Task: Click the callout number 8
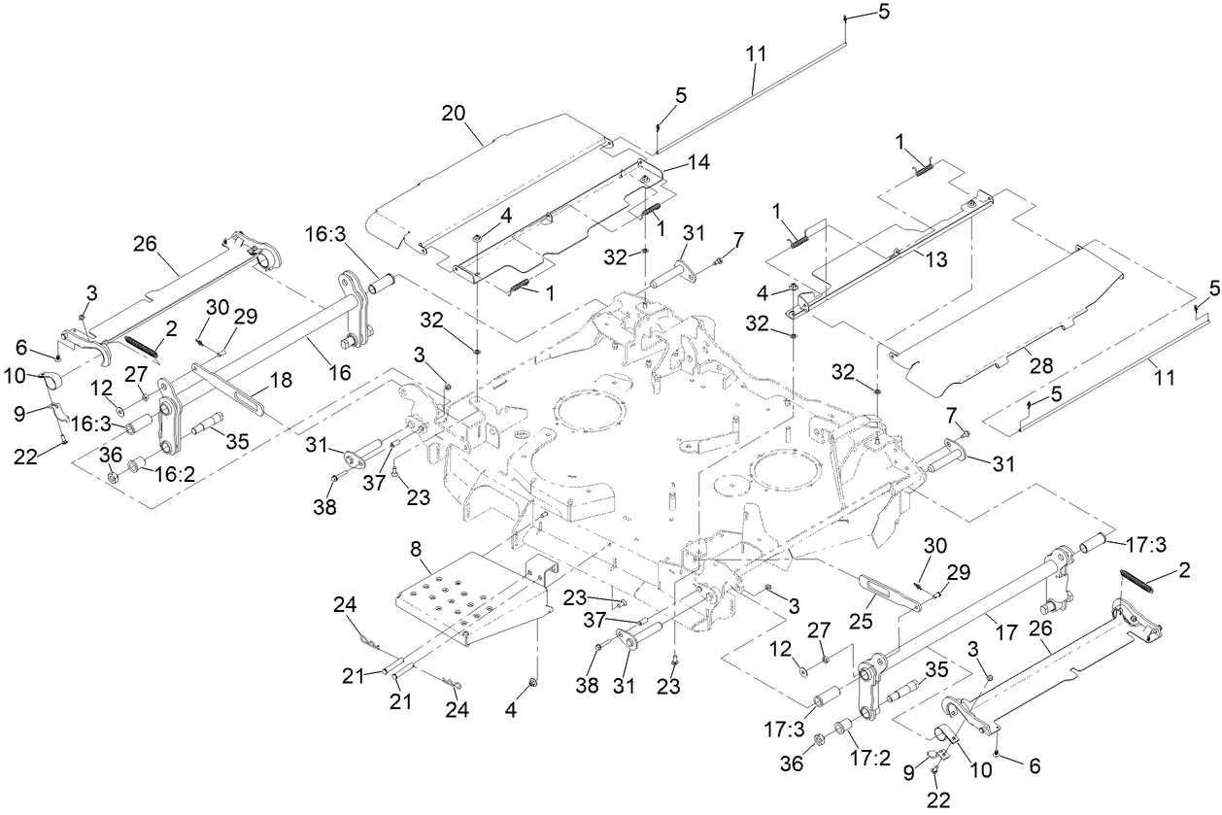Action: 415,548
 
